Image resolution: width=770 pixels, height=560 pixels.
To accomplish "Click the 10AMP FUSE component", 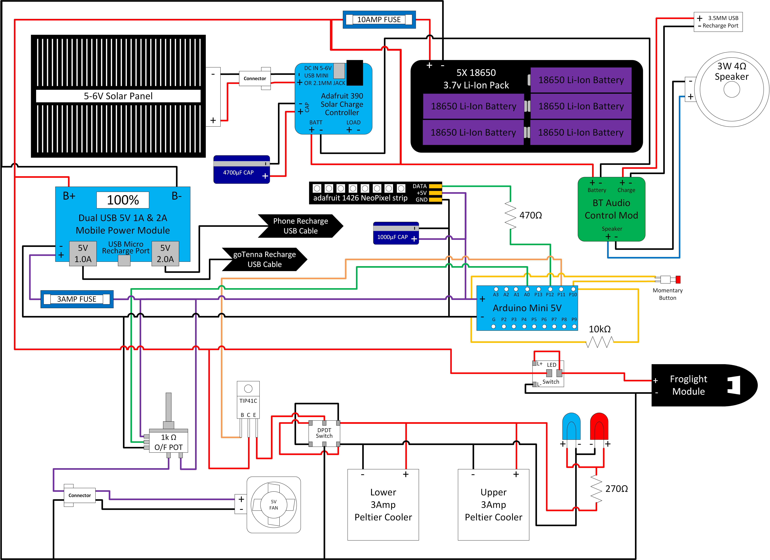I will point(379,20).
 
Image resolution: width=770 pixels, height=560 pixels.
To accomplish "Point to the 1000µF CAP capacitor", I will point(396,233).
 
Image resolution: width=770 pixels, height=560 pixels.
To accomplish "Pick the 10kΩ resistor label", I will point(600,329).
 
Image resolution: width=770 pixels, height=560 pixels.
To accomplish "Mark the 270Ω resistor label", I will point(617,489).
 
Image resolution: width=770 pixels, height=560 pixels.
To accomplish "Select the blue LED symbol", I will point(571,426).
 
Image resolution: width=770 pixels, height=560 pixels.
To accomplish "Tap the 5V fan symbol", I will point(274,505).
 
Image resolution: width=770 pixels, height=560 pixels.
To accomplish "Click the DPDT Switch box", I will point(324,433).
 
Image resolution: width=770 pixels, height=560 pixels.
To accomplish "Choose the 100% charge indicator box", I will point(123,200).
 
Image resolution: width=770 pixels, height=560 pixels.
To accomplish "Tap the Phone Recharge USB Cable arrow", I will point(300,226).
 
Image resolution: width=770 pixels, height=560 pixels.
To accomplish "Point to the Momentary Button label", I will point(667,294).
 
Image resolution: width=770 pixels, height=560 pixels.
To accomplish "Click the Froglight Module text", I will point(689,385).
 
